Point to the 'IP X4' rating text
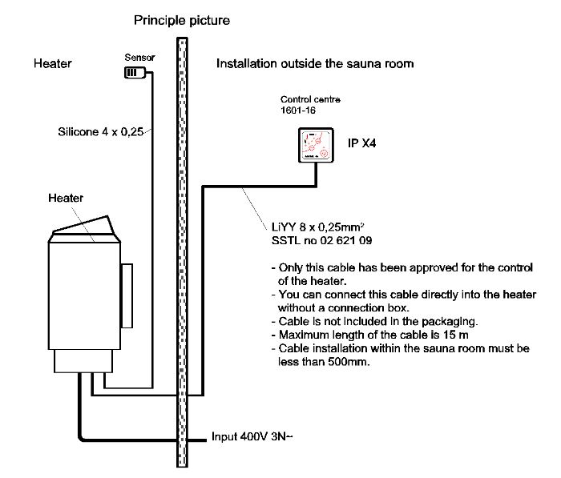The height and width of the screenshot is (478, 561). click(360, 143)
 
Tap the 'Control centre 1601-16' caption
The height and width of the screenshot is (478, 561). click(310, 105)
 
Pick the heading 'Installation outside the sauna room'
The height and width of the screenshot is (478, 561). click(315, 62)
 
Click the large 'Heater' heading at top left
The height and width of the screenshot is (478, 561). click(53, 62)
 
